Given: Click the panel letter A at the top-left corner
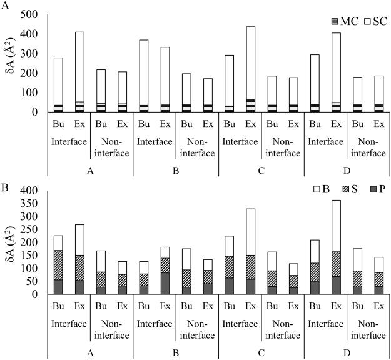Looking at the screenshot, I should (5, 6).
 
